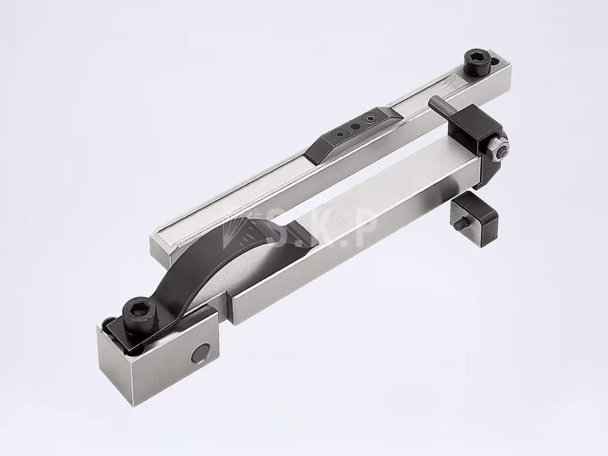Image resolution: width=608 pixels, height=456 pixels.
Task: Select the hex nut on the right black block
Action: (498, 151)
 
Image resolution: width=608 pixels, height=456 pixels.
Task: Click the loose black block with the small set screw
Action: (474, 220)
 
